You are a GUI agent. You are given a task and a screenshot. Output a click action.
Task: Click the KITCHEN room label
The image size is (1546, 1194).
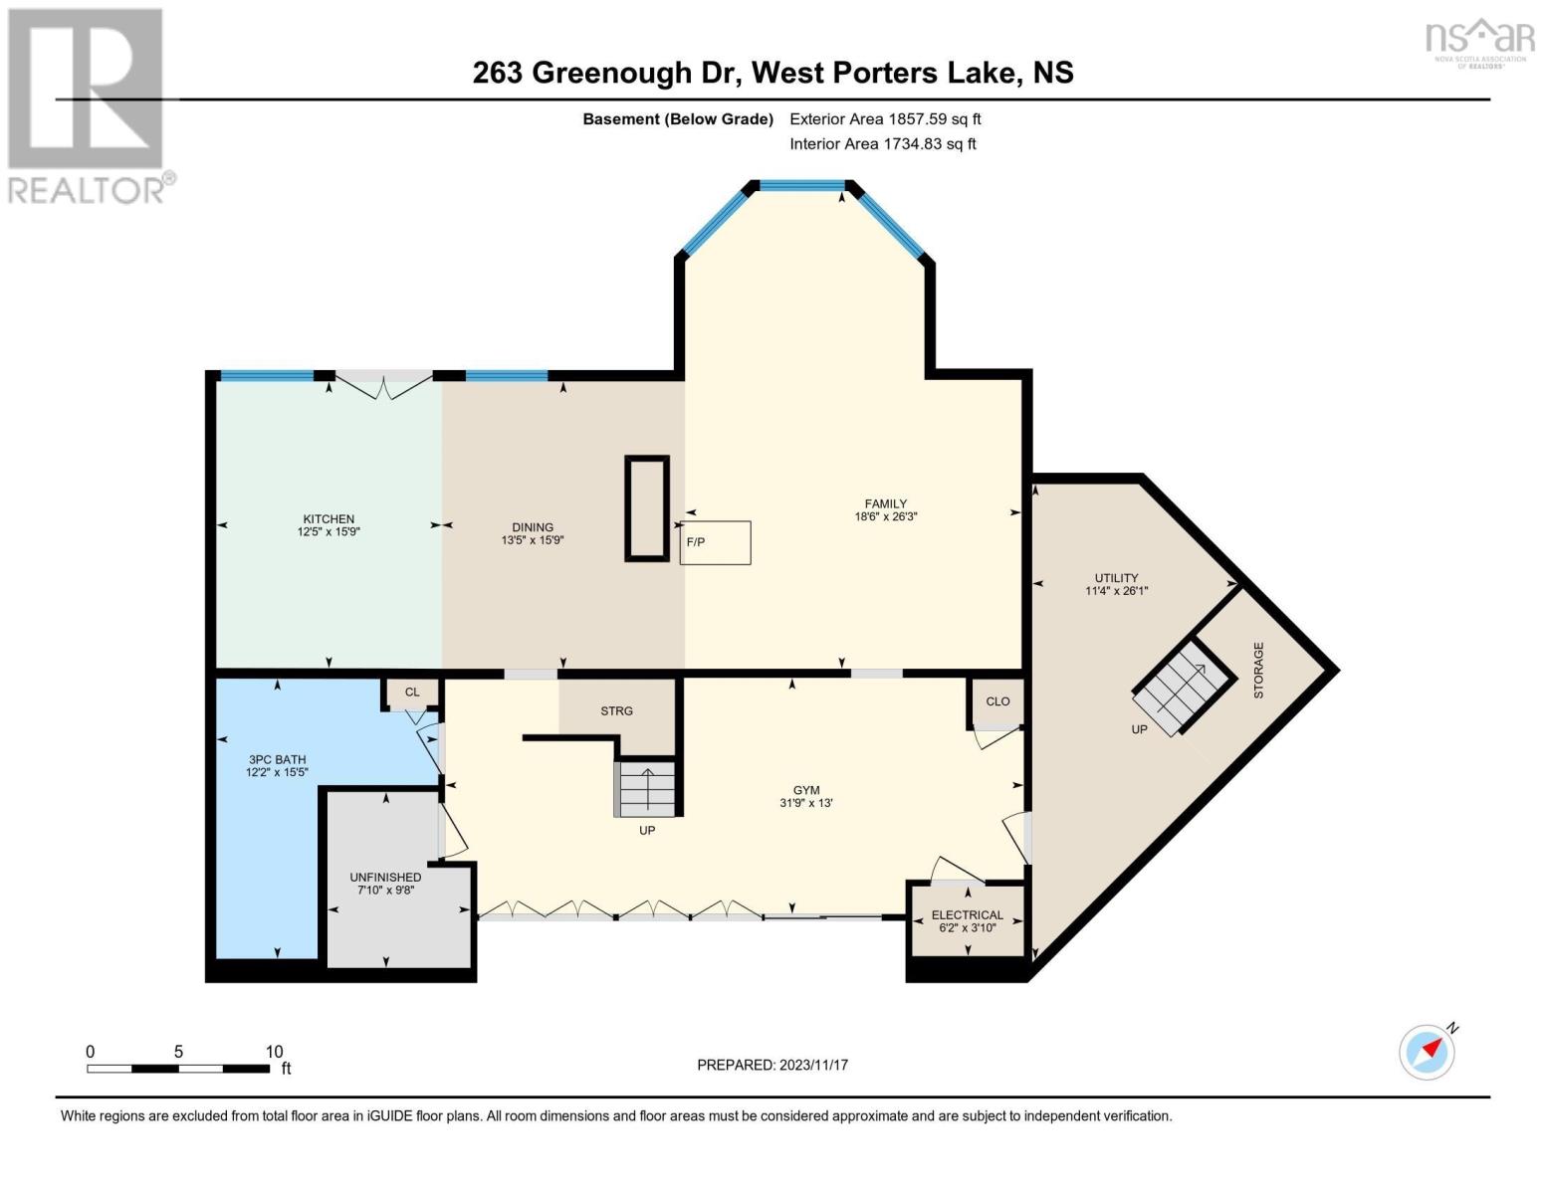[329, 518]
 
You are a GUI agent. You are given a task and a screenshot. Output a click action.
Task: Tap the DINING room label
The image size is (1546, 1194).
[533, 527]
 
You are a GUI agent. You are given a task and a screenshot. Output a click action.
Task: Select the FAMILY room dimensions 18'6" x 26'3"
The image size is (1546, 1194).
[885, 516]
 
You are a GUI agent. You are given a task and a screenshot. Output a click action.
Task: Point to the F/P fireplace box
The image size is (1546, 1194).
[715, 542]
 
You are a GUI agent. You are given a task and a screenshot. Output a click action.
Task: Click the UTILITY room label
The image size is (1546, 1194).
[1116, 577]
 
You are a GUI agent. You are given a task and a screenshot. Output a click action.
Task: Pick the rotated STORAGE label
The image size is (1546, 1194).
[1258, 670]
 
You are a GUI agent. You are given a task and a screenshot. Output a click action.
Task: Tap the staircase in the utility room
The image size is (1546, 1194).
[1182, 687]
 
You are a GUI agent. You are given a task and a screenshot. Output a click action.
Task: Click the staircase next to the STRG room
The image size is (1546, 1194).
[647, 788]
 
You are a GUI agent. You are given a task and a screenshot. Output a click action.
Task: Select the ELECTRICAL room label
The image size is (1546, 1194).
[967, 914]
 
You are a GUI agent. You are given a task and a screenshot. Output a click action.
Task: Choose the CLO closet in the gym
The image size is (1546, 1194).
[997, 701]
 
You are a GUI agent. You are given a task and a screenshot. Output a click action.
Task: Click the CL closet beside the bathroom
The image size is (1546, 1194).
[412, 693]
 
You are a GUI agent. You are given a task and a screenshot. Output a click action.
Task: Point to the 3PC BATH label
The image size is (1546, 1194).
[278, 759]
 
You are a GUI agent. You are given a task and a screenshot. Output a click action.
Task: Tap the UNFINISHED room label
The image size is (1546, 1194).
[385, 877]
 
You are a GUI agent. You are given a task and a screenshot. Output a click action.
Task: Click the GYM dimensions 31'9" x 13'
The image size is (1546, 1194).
[805, 803]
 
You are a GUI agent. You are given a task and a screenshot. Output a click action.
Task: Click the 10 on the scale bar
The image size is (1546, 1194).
[274, 1052]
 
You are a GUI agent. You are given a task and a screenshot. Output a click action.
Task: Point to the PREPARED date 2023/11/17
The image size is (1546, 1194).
[813, 1065]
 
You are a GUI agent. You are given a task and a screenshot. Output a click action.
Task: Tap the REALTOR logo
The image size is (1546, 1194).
[88, 104]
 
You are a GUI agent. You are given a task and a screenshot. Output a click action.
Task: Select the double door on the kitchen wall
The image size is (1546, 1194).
[384, 385]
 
